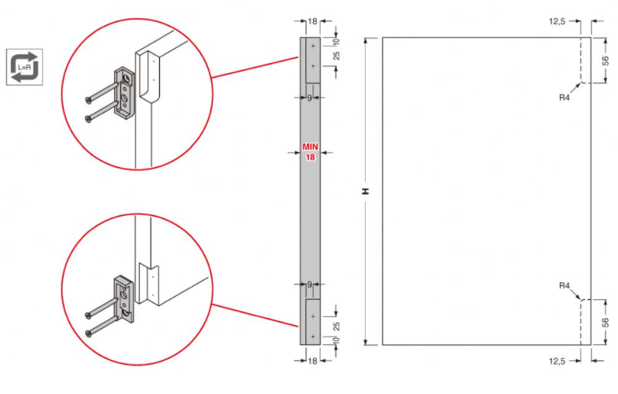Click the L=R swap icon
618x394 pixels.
coord(24,67)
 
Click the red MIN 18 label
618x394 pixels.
coord(311,152)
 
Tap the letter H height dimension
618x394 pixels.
coord(366,191)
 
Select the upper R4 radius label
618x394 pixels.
coord(564,97)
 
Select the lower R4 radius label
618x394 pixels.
coord(564,285)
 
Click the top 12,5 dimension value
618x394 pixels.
coord(557,21)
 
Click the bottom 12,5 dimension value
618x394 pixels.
coord(557,361)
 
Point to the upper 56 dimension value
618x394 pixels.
coord(606,61)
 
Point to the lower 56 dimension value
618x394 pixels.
coord(606,323)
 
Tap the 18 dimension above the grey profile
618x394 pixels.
coord(313,21)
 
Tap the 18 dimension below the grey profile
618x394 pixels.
coord(313,361)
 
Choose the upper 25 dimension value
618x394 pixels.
coord(337,55)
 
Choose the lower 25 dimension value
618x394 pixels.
coord(337,326)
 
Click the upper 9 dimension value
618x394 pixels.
coord(310,98)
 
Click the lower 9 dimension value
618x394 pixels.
coord(310,284)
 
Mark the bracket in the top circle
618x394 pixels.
coord(125,92)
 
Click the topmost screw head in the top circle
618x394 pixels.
coord(88,100)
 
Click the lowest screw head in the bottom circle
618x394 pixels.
coord(89,333)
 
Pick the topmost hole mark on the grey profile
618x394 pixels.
coord(314,46)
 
